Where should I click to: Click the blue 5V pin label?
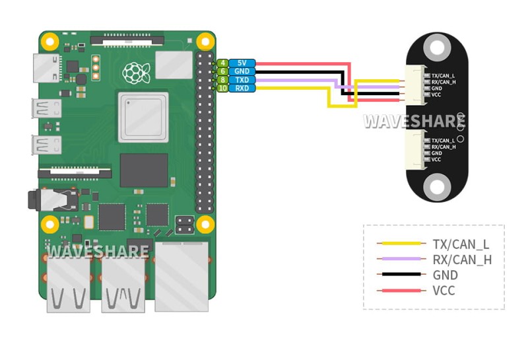tap(242, 63)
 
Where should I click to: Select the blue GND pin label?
tap(242, 71)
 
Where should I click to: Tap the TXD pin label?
tap(242, 80)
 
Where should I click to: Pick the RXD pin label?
tap(242, 88)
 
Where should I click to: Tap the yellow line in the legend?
tap(400, 243)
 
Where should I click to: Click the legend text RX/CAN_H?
tap(461, 260)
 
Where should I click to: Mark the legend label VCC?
tap(444, 291)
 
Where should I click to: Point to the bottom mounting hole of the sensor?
tap(436, 186)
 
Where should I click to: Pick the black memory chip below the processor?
tap(143, 170)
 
